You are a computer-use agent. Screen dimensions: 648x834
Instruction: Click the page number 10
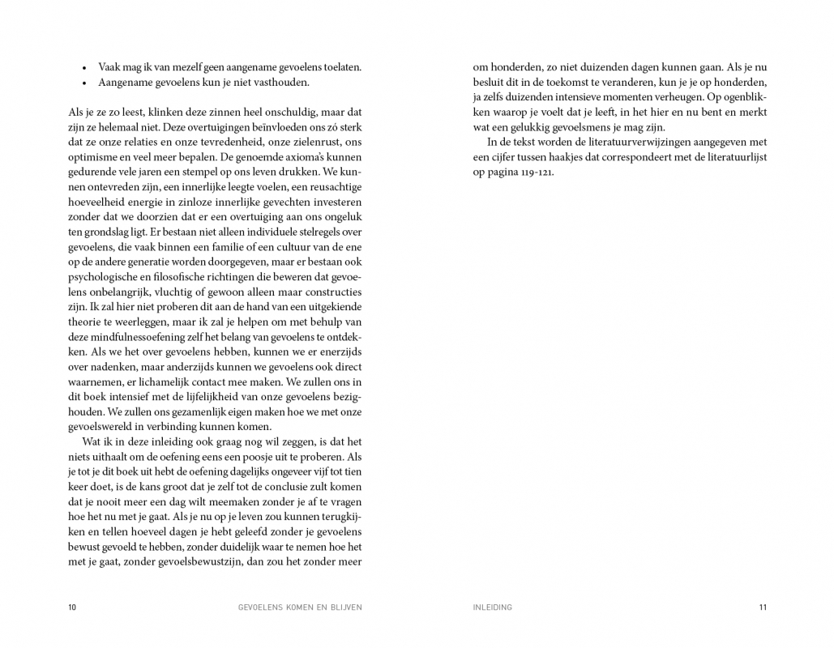(72, 607)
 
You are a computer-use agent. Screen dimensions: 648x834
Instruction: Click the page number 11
(762, 607)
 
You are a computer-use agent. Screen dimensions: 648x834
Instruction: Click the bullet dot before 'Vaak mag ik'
(85, 68)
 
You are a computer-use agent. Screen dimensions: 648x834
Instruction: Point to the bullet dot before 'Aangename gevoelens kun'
(85, 83)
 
